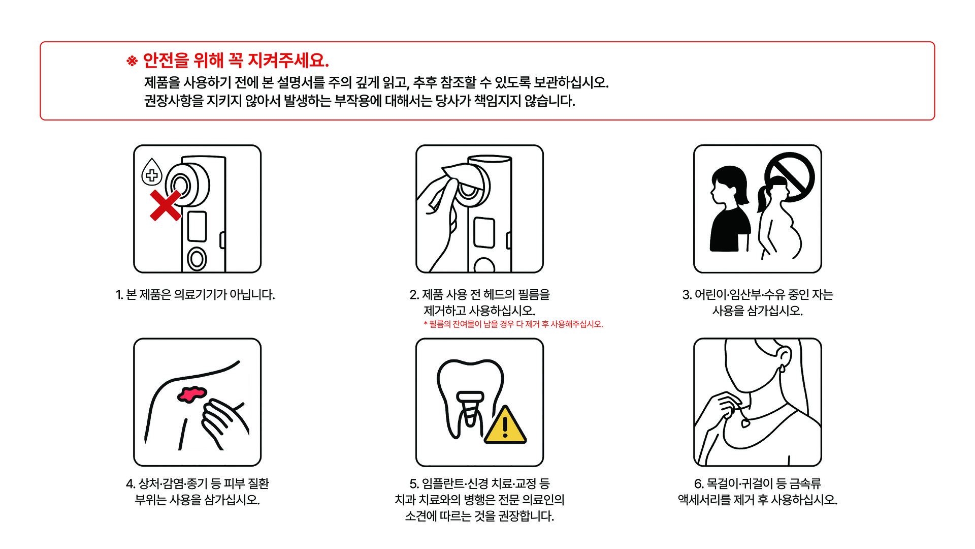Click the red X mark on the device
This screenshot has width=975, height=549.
coord(166,205)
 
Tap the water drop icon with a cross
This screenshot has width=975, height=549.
coord(151,172)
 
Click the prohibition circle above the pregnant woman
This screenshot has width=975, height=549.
coord(790,177)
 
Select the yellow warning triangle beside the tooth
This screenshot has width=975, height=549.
coord(505,425)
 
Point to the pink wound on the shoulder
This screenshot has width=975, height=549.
coord(191,394)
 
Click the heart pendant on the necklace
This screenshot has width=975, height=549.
coord(745,423)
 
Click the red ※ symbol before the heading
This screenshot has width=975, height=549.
coord(132,61)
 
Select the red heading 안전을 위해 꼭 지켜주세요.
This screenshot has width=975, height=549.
coord(236,60)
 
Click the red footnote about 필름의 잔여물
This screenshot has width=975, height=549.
coord(513,324)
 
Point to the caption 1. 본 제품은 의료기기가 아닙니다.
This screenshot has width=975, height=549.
coord(196,294)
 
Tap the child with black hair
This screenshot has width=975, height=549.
coord(730,208)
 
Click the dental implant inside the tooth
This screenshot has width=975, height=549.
coord(470,409)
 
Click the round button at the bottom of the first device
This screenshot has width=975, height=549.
coord(197,259)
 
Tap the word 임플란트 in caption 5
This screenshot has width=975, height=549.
coord(443,483)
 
